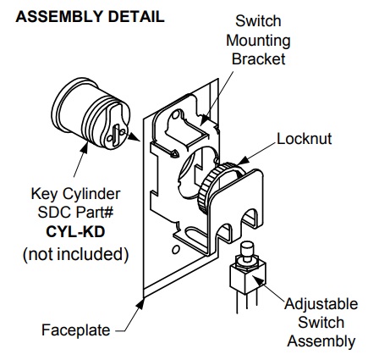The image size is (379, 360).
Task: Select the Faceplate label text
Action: [75, 330]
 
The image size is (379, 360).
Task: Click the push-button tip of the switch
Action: [250, 250]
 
